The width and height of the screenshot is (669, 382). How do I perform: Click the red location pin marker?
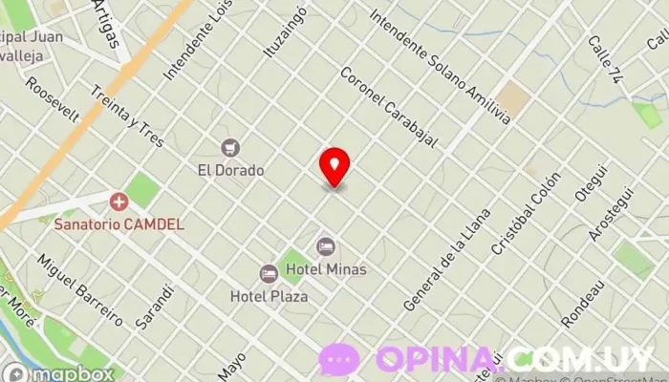click(334, 167)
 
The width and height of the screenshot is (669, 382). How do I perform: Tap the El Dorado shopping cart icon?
click(229, 148)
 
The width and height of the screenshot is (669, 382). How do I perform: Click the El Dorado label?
click(230, 170)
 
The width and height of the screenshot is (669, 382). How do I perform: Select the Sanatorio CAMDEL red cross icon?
click(119, 202)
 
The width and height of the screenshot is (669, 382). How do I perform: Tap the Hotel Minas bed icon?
click(326, 247)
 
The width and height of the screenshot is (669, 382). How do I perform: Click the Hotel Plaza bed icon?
click(269, 274)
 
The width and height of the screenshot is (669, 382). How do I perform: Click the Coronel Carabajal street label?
click(388, 107)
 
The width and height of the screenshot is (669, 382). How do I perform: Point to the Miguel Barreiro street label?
click(79, 289)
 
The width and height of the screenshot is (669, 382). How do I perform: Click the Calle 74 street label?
click(605, 59)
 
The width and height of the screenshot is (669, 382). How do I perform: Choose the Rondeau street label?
click(584, 305)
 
